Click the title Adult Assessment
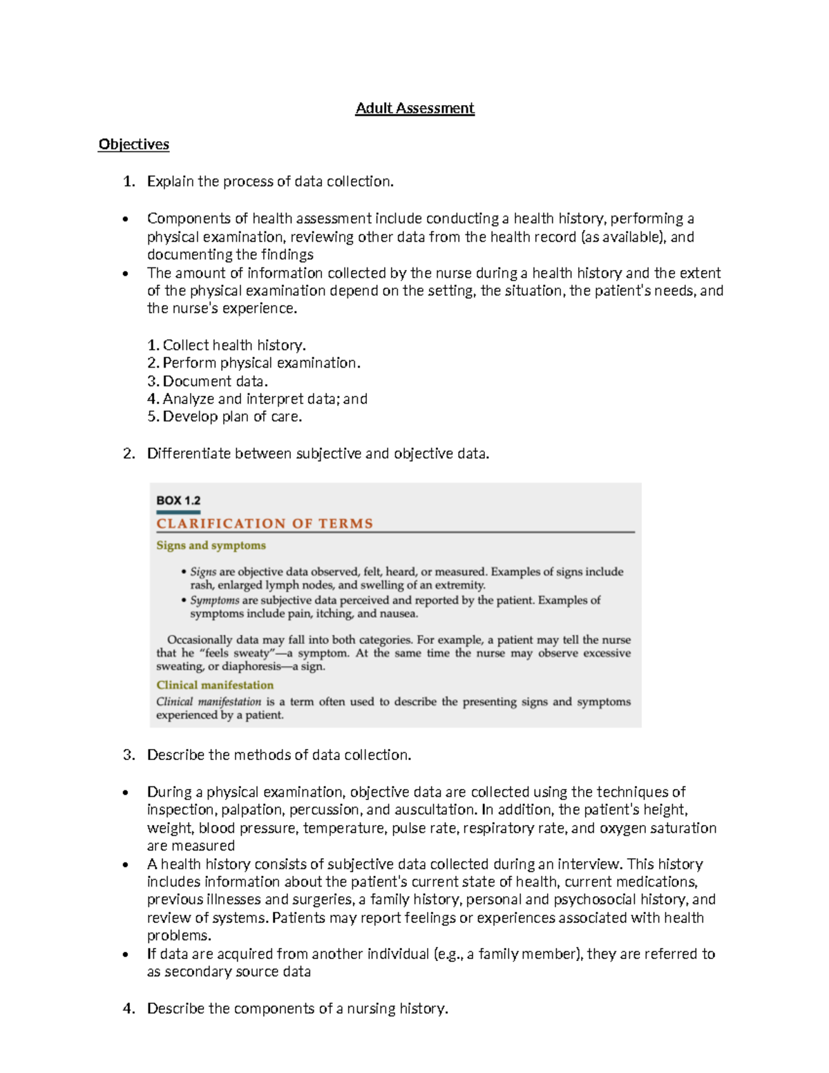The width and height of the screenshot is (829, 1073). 414,108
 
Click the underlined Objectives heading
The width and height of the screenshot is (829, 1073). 133,144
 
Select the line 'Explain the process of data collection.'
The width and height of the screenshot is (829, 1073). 270,182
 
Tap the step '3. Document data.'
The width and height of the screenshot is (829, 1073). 207,381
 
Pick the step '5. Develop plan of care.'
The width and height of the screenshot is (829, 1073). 225,417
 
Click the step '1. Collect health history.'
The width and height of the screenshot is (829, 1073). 226,345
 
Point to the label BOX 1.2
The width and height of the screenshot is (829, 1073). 178,500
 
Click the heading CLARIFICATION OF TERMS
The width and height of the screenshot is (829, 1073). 265,524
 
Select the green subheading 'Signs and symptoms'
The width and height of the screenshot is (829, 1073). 211,545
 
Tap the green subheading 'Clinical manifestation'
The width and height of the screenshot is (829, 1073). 215,685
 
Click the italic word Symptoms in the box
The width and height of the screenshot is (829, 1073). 214,600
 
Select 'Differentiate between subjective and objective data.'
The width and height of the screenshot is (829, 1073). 318,454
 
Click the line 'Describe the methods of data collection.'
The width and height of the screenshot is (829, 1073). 279,755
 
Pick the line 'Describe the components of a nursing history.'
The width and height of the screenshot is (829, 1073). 297,1009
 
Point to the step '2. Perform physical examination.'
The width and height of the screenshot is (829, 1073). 254,363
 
